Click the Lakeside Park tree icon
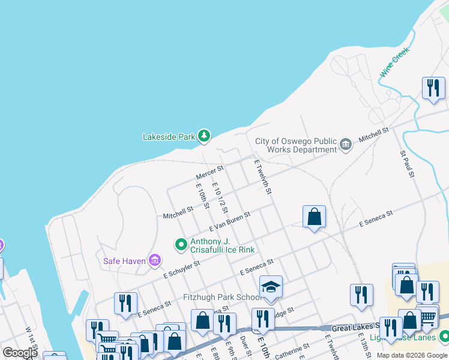[x=205, y=136]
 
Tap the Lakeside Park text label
[x=169, y=137]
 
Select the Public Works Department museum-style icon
[x=346, y=144]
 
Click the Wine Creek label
[x=394, y=62]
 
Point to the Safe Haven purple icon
[x=155, y=260]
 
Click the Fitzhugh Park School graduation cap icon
[x=271, y=287]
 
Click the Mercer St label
[x=209, y=173]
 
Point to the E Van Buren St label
[x=229, y=221]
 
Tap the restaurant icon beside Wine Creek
[x=432, y=88]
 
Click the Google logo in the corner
[x=20, y=353]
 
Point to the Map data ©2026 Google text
[x=412, y=355]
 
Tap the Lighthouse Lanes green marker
[x=444, y=336]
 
